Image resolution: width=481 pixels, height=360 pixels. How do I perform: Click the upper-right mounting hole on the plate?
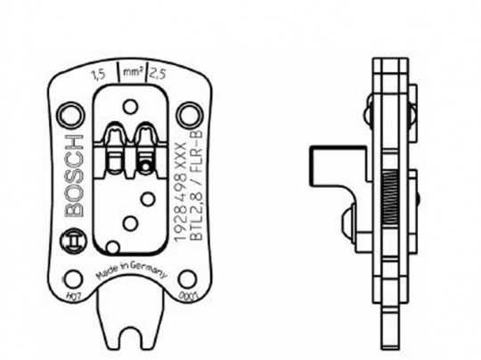coord(188,114)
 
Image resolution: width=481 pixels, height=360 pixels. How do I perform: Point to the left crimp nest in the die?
coord(116,146)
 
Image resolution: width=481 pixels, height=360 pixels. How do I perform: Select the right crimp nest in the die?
coord(143,146)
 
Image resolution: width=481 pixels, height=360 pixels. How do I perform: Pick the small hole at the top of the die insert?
coord(130,107)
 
